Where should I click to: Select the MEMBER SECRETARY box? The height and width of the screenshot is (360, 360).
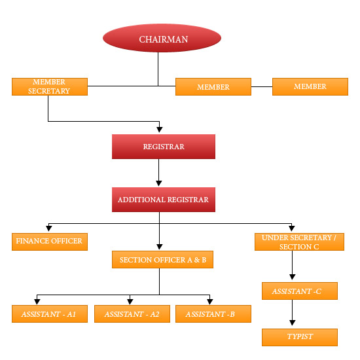pos(50,87)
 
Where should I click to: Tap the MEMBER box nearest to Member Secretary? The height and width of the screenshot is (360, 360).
pos(213,87)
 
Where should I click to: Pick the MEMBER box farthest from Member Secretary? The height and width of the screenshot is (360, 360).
pos(310,86)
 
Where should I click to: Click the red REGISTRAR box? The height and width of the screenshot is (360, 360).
pos(163,147)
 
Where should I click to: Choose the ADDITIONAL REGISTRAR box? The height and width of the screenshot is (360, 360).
pos(163,200)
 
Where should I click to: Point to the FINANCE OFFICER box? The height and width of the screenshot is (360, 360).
pos(50,241)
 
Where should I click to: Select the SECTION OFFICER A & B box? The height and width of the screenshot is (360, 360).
pos(163,260)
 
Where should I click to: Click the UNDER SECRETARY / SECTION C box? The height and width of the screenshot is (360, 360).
pos(298,242)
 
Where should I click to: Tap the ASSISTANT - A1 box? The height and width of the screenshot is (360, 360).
pos(50,314)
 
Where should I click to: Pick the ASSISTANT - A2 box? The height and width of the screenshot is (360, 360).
pos(132,314)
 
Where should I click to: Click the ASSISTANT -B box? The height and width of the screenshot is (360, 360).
pos(213,314)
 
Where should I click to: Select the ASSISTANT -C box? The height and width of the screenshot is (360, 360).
pos(299,291)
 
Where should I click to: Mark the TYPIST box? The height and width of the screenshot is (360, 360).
pos(299,337)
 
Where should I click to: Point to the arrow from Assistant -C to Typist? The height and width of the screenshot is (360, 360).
pos(292,314)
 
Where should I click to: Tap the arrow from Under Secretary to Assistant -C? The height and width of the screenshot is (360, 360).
pos(292,266)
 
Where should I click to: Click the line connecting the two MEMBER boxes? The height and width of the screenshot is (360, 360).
pos(261,86)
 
